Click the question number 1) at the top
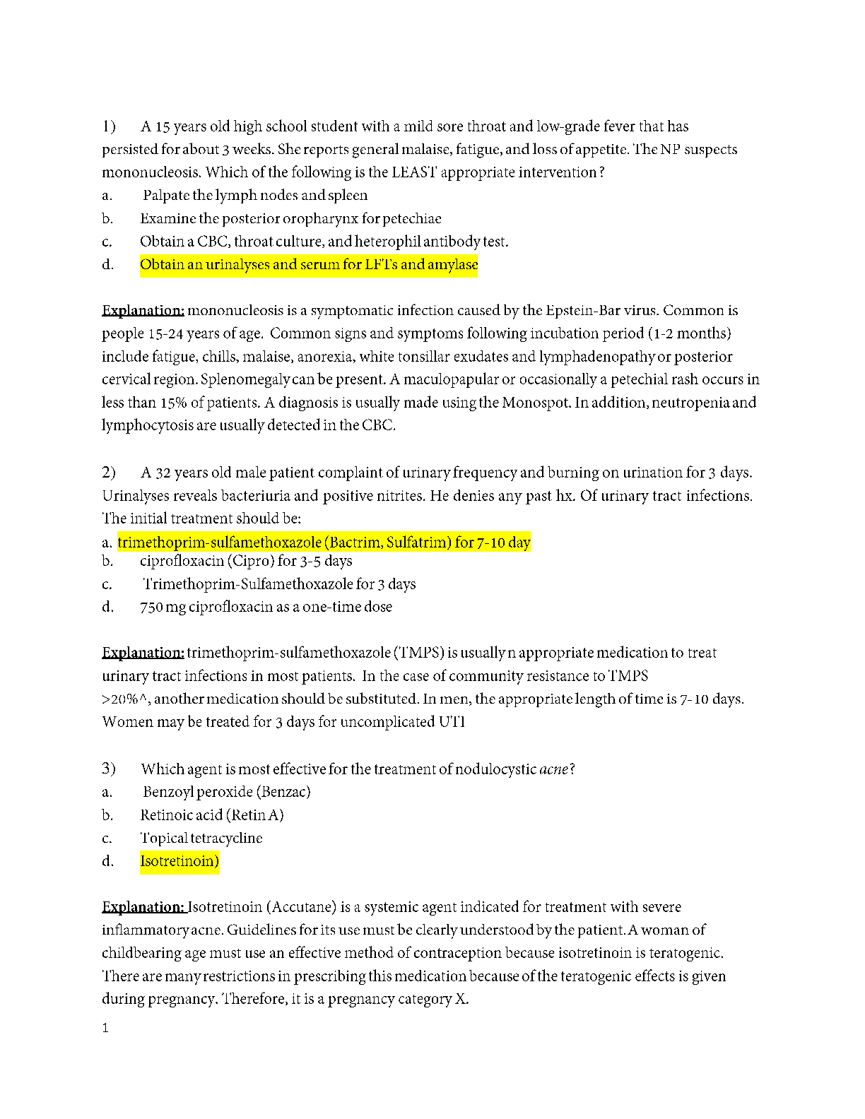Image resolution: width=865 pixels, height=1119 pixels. (x=108, y=126)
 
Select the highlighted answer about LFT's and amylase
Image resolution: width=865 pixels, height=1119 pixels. (x=308, y=265)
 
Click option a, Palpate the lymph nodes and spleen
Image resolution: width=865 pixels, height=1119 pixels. (x=254, y=196)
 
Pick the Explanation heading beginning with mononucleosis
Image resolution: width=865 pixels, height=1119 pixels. (x=143, y=311)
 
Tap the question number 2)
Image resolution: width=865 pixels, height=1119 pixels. (x=108, y=472)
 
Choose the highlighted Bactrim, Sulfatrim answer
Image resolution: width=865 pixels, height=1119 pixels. (x=324, y=543)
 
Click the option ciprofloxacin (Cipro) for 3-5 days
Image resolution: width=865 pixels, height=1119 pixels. (x=245, y=561)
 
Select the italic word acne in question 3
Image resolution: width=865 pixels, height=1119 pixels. (x=553, y=769)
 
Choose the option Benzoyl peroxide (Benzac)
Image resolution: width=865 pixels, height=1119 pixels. (x=226, y=792)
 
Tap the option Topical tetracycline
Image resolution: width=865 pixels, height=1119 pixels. (x=201, y=839)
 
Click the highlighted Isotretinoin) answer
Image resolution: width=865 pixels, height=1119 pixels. (x=179, y=861)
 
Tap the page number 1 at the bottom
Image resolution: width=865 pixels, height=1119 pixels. (x=105, y=1029)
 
